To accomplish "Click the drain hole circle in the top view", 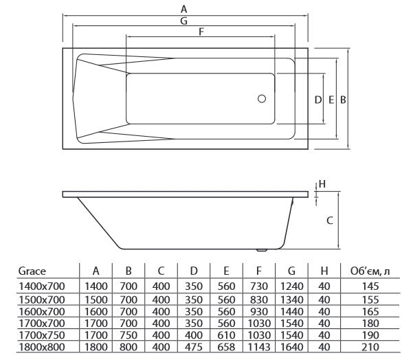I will [262, 99].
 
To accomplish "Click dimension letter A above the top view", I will [183, 8].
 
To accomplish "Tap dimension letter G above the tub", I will [184, 21].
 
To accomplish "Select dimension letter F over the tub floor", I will [201, 32].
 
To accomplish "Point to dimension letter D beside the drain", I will [318, 100].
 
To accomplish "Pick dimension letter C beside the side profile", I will [329, 221].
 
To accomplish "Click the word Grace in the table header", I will [32, 271].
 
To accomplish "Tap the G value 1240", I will [292, 285].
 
